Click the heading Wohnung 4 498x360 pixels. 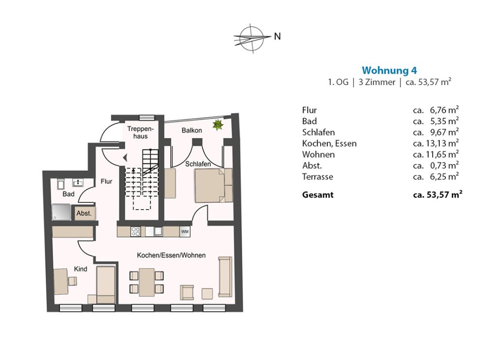[x=390, y=70]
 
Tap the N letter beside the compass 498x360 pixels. [x=277, y=36]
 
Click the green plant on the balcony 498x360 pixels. [x=218, y=124]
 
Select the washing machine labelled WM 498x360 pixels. [x=185, y=232]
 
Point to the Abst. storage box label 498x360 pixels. [x=84, y=213]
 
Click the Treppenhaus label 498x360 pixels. [x=141, y=132]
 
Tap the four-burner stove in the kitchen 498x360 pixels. [x=136, y=231]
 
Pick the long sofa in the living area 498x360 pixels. [x=225, y=277]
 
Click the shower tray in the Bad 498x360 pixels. [x=61, y=212]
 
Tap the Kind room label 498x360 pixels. [x=80, y=269]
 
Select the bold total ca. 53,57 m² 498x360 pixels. [x=437, y=195]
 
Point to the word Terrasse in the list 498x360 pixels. [x=318, y=177]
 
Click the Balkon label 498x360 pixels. [x=192, y=130]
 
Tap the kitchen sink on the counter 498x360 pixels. [x=158, y=231]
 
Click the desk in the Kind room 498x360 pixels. [x=61, y=282]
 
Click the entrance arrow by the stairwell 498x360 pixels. [x=125, y=157]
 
